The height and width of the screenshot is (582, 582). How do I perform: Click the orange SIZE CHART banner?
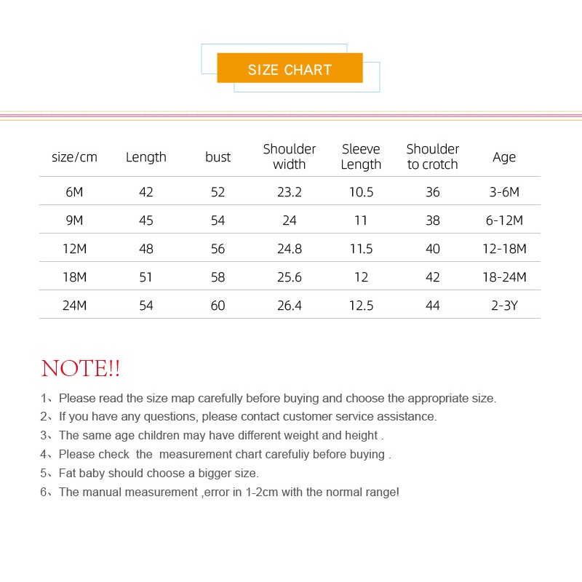pos(290,69)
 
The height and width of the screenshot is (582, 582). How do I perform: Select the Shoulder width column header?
pos(290,156)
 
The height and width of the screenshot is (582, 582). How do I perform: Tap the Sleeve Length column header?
pos(361,156)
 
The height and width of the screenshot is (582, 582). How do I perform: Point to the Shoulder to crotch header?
pos(433,156)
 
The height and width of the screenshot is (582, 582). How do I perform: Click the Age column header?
pos(504,157)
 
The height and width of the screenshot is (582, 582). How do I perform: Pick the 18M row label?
pos(74,277)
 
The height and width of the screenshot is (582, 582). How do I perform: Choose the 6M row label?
pos(74,192)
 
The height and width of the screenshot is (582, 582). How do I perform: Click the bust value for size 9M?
pos(218,220)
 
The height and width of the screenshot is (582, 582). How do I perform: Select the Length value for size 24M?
pos(146,306)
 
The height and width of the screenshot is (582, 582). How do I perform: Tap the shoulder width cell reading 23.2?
pos(290,192)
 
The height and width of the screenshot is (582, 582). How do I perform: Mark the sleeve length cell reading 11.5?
pos(361,249)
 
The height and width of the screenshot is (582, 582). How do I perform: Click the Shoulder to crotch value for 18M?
pos(433,277)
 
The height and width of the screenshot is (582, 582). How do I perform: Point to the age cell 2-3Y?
pos(504,306)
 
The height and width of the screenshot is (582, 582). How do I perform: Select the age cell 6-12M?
pos(504,220)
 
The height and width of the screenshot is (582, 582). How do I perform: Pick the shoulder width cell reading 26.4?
pos(290,306)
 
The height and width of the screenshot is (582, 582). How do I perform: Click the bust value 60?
pos(218,306)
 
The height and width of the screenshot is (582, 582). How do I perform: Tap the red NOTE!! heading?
pos(81,368)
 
